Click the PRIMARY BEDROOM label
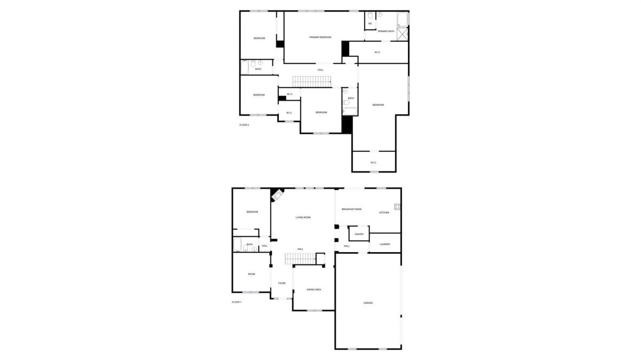(320, 37)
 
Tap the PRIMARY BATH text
(386, 31)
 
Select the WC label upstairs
(370, 24)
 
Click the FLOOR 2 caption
(244, 125)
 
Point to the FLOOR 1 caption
(236, 302)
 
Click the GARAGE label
(368, 303)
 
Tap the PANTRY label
(359, 234)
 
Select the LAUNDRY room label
(385, 244)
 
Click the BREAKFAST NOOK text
(351, 209)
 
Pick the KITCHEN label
(384, 213)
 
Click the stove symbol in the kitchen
(397, 207)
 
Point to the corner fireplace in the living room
(277, 195)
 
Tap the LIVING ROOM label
(303, 217)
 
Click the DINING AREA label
(314, 289)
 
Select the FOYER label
(282, 283)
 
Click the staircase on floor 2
(311, 82)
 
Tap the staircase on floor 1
(300, 259)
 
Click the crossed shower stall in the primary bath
(402, 34)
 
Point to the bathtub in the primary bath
(402, 19)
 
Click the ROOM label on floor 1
(251, 274)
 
